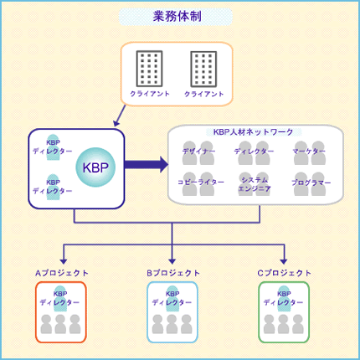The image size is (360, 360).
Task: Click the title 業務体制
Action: (177, 17)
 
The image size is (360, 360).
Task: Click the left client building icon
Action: (149, 69)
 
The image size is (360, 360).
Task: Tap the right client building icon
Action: (203, 69)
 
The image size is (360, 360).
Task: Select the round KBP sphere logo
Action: (95, 167)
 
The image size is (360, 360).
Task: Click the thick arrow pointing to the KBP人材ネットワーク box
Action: (147, 165)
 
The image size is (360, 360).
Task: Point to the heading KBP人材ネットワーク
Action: (253, 132)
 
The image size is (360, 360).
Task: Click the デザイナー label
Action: (198, 152)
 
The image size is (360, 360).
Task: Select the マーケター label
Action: (309, 152)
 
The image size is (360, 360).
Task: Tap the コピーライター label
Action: (201, 183)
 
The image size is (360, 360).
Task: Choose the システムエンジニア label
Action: (255, 184)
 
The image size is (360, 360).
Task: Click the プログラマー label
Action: (311, 183)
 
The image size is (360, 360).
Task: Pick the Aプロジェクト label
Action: (62, 273)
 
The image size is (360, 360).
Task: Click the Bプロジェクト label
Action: (173, 273)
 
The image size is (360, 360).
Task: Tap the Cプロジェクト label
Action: (284, 273)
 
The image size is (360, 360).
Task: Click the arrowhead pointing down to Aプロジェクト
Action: (64, 261)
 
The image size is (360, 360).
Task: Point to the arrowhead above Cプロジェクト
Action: (284, 261)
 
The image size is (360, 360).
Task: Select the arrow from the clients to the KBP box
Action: (120, 116)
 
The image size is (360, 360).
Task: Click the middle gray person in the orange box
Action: (60, 324)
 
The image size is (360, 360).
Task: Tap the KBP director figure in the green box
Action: (284, 298)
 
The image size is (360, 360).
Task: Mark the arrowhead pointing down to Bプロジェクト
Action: (172, 261)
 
